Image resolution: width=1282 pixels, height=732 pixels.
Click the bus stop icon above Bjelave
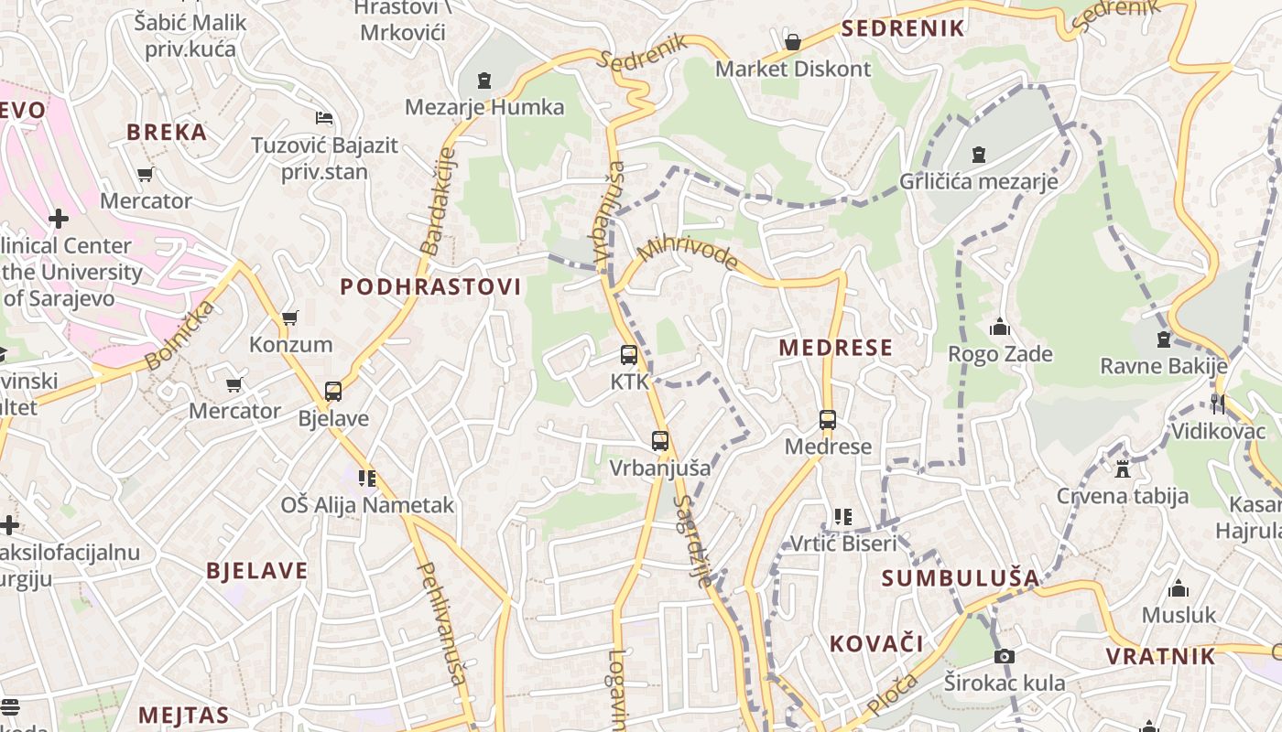[333, 392]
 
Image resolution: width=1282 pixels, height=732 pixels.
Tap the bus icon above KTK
[628, 355]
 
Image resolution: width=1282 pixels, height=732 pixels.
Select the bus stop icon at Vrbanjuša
[660, 441]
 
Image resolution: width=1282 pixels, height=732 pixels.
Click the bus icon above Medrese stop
[828, 420]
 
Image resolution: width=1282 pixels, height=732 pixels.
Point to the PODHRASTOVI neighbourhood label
[430, 287]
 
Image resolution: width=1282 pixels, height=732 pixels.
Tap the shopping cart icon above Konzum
[290, 318]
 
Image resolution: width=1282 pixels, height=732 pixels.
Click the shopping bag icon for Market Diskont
[793, 42]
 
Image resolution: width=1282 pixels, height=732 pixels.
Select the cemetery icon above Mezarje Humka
[484, 81]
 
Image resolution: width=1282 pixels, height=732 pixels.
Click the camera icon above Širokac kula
[1005, 656]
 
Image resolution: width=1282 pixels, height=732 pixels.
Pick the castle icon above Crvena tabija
[1122, 469]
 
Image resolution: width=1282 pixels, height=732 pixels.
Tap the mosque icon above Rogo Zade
[999, 327]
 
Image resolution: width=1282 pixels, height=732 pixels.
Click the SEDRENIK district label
[903, 28]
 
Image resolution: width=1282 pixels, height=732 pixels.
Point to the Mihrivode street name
[689, 253]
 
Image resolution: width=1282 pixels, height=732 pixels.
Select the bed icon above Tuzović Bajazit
[323, 118]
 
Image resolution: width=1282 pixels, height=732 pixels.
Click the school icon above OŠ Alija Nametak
[367, 478]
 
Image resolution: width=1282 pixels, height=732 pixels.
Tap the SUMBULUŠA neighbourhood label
[961, 578]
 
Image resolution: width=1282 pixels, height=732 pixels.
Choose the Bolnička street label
[180, 335]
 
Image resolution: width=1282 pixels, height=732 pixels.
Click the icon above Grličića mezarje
[979, 154]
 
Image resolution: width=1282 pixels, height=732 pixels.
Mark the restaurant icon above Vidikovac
[1217, 404]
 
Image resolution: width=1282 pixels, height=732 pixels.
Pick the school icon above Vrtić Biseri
[843, 517]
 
